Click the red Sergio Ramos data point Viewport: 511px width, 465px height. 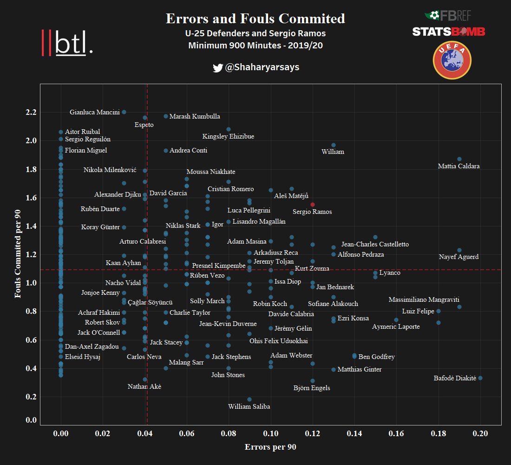click(x=313, y=205)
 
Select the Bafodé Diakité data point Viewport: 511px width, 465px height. click(x=480, y=378)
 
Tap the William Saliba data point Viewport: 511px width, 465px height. click(x=249, y=399)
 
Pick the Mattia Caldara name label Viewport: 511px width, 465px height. click(x=459, y=166)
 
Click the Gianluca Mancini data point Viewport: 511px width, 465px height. click(x=124, y=112)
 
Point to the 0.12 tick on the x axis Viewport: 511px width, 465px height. click(x=313, y=433)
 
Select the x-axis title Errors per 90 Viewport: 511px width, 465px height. click(x=270, y=447)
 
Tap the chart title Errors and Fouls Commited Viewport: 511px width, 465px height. click(x=255, y=19)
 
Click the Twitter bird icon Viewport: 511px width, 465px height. click(x=217, y=68)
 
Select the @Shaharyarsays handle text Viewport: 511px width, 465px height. click(x=262, y=67)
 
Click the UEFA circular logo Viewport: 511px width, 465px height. click(x=452, y=60)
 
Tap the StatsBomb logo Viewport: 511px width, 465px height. click(x=449, y=32)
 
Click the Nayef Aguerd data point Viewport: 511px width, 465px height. click(x=459, y=250)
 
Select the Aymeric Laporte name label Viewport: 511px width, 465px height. click(x=396, y=327)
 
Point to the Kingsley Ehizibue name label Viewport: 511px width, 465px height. click(x=228, y=137)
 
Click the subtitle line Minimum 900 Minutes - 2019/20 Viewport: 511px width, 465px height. click(x=255, y=46)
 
